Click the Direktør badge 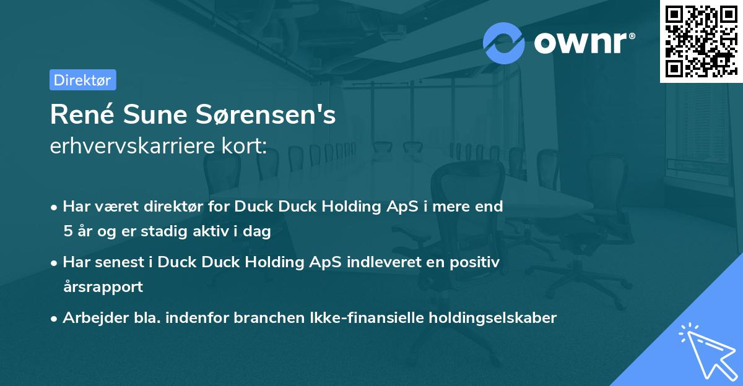82,80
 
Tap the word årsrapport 103,287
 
